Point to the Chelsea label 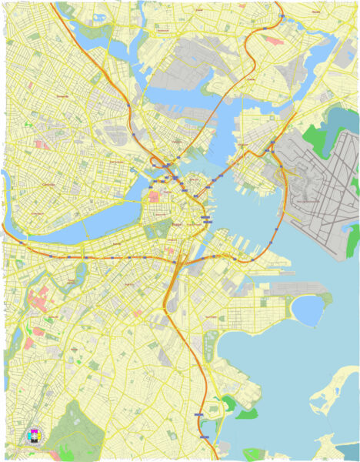pyautogui.click(x=251, y=79)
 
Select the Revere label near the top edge pyautogui.click(x=316, y=13)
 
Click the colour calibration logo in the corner pyautogui.click(x=35, y=436)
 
